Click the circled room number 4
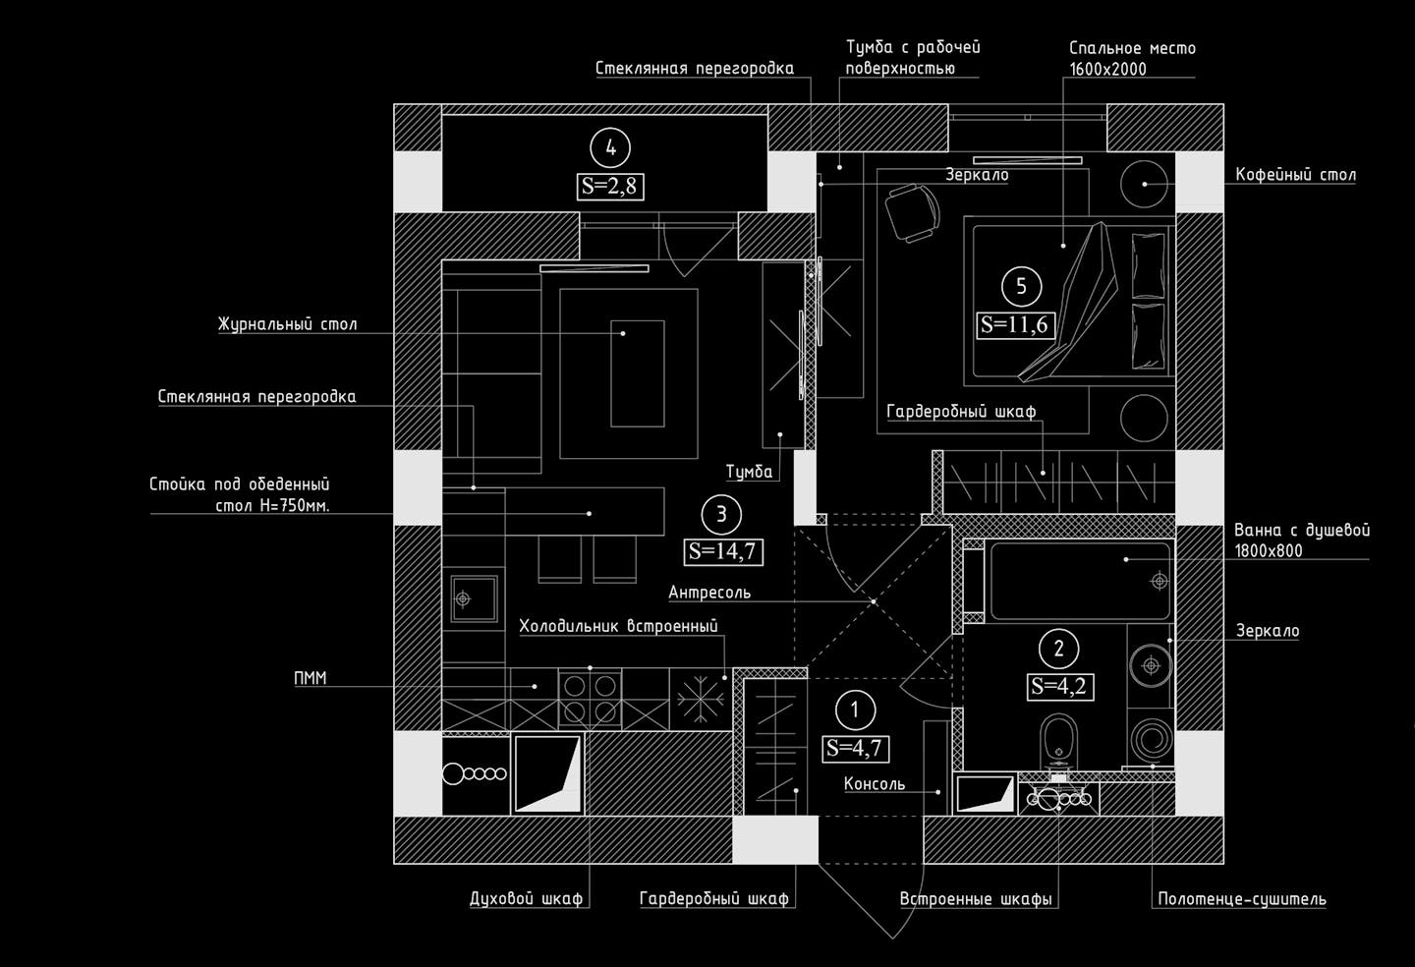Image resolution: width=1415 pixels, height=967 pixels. (611, 147)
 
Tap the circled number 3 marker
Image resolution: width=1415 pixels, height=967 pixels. (722, 513)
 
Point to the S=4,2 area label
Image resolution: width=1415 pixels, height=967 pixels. (1059, 686)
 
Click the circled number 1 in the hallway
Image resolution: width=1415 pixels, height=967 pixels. (855, 710)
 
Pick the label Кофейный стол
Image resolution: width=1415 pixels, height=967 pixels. (1295, 175)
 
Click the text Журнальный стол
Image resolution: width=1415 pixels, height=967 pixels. (288, 324)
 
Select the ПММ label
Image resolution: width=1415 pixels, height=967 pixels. (311, 678)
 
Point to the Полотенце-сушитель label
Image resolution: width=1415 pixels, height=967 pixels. (1242, 898)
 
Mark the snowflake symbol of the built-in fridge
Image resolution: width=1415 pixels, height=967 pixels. (699, 699)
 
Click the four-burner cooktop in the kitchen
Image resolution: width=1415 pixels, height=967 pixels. (590, 699)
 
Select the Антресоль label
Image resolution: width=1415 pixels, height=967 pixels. (709, 593)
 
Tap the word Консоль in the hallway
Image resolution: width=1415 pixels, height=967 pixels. (875, 784)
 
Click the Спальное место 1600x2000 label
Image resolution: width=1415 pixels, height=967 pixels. (1132, 58)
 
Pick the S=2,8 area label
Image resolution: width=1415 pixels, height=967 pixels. (611, 186)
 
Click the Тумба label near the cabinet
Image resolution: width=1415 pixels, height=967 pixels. (749, 472)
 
